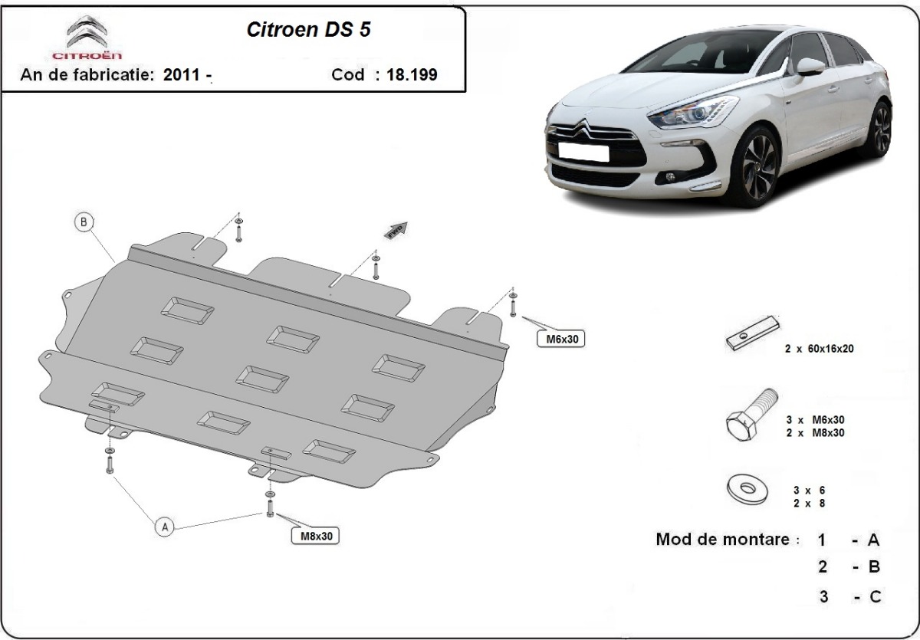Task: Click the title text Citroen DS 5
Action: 311,29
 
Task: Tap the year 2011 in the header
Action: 182,75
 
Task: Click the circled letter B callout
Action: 84,223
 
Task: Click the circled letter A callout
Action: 163,527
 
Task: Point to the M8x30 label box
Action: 315,536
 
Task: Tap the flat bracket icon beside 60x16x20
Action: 752,335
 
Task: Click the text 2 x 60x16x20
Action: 819,348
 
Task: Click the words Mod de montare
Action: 722,539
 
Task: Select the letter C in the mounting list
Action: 873,596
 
